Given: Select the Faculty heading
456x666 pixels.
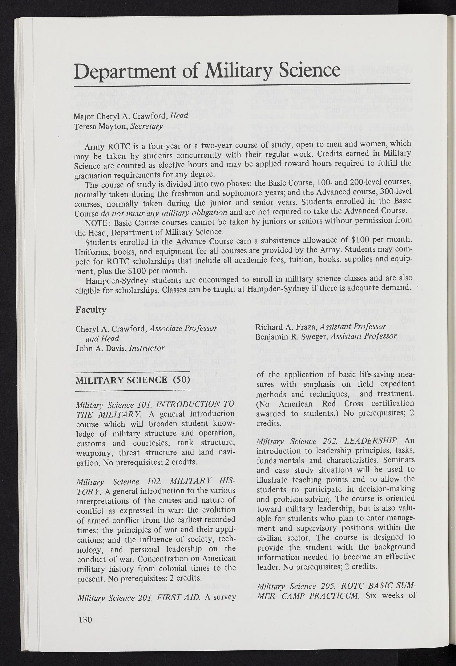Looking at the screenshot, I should point(91,310).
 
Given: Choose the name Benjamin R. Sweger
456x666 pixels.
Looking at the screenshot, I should point(292,336).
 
